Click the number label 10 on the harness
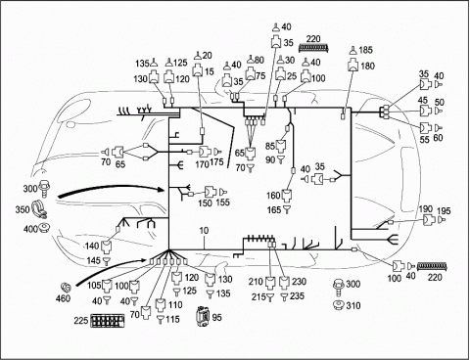(204, 231)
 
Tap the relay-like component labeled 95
(202, 316)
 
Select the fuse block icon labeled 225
(108, 321)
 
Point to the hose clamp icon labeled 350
(39, 209)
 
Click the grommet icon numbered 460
(67, 288)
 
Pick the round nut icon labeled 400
(44, 228)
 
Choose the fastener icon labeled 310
(339, 305)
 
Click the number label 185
(365, 50)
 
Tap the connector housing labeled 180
(353, 65)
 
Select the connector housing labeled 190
(429, 220)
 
